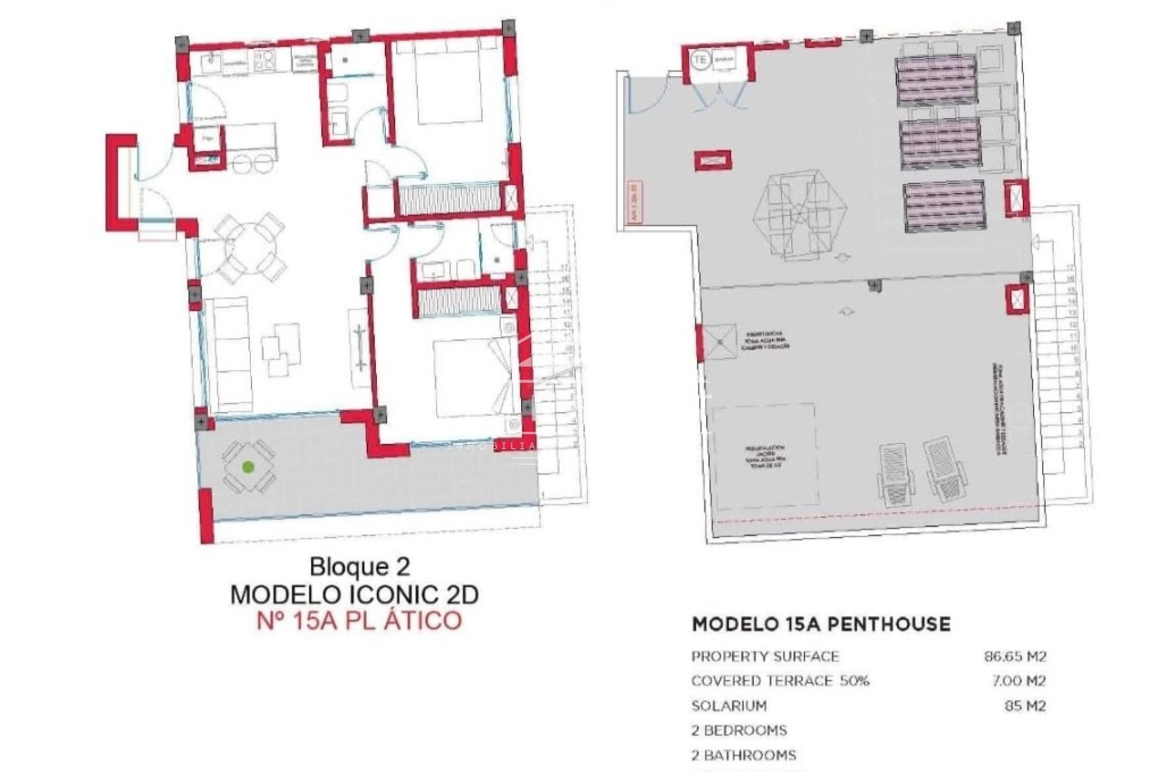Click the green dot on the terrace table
click(247, 466)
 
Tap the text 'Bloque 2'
click(359, 567)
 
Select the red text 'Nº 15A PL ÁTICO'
click(359, 621)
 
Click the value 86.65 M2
click(1015, 656)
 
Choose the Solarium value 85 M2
click(1025, 706)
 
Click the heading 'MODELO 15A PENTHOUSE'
click(821, 624)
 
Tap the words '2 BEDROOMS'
click(739, 730)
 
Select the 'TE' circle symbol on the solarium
click(700, 60)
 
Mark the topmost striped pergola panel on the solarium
click(935, 80)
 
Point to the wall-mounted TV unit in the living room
click(359, 348)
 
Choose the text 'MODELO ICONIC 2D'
click(355, 595)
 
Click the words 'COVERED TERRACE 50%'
click(780, 681)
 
